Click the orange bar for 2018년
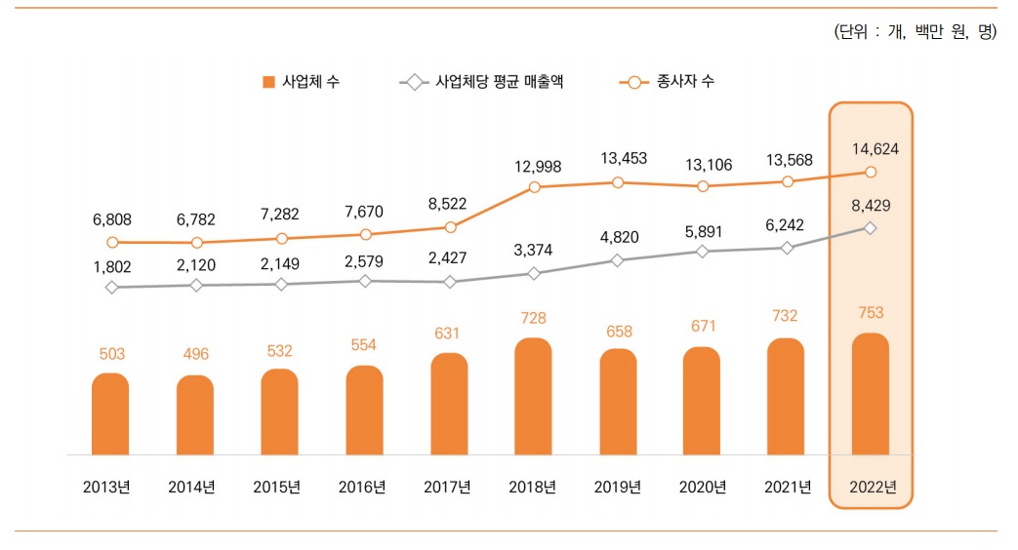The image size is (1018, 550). [x=533, y=396]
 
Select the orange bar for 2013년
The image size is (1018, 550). [x=110, y=413]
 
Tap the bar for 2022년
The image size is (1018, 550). [x=871, y=394]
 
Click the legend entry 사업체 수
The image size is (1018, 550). [x=302, y=82]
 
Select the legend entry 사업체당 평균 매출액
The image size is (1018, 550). [x=481, y=82]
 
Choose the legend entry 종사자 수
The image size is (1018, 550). [x=667, y=82]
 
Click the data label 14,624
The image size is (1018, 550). [x=871, y=149]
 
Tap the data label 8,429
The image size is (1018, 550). [x=871, y=206]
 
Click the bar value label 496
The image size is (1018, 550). [x=195, y=354]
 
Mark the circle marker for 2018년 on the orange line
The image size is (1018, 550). [x=534, y=186]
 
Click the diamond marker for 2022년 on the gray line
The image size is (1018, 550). [x=871, y=228]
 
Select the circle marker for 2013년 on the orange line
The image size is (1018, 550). [x=112, y=242]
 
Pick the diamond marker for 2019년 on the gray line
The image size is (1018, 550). [x=617, y=260]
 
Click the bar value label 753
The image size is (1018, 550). [x=871, y=313]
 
